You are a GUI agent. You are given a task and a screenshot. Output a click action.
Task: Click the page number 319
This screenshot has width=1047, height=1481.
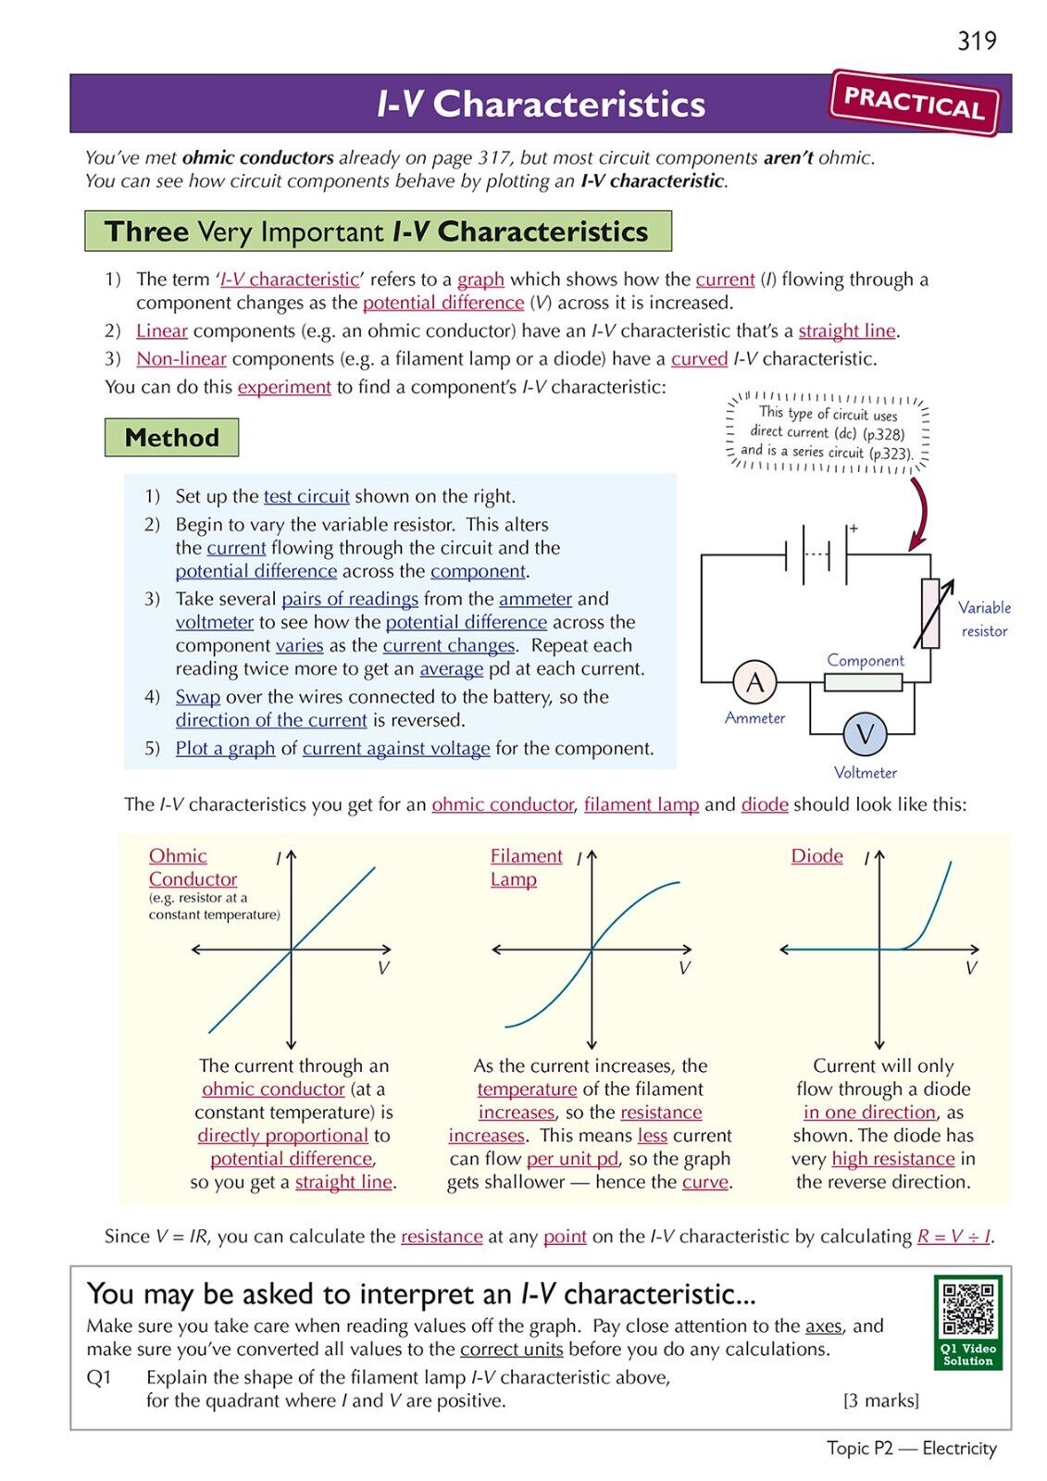click(x=977, y=41)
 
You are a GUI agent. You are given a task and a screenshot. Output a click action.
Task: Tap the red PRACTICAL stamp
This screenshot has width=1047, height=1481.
click(x=914, y=103)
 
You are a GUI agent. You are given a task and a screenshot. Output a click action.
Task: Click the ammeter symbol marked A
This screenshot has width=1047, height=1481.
click(x=754, y=682)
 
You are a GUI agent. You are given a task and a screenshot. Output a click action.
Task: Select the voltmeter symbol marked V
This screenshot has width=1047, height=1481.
click(x=865, y=734)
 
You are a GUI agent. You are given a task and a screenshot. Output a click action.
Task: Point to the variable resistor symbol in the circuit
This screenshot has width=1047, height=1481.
click(x=929, y=613)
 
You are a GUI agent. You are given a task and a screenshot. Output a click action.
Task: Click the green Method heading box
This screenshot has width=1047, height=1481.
click(x=171, y=438)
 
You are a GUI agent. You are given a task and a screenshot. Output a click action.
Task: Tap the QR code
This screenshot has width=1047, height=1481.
click(x=967, y=1309)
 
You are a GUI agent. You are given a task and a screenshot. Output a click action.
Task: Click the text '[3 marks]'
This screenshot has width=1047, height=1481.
click(x=880, y=1400)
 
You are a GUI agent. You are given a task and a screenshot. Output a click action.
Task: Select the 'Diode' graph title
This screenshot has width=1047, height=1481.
click(x=816, y=856)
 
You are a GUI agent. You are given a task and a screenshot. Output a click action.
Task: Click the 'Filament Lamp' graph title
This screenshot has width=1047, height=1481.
click(x=525, y=867)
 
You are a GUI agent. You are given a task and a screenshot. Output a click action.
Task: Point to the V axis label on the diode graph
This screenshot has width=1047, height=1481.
click(x=970, y=968)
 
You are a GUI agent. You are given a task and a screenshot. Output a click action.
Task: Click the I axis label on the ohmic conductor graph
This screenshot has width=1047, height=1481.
click(x=278, y=859)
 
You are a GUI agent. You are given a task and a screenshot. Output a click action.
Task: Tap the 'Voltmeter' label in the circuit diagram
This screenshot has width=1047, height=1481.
click(x=865, y=773)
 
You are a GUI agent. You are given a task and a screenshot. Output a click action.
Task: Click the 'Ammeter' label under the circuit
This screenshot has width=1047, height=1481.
click(x=754, y=718)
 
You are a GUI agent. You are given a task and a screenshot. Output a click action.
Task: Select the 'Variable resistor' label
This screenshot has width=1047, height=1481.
click(x=984, y=619)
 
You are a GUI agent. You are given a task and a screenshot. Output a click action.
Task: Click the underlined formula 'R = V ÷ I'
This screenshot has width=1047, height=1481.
click(x=954, y=1237)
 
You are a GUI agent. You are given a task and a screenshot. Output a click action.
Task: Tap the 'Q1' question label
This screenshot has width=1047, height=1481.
click(x=99, y=1377)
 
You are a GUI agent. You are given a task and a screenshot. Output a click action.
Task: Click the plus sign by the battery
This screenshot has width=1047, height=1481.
click(x=854, y=529)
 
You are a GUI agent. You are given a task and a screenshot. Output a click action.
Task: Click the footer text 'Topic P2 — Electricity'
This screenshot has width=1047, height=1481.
click(x=911, y=1449)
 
